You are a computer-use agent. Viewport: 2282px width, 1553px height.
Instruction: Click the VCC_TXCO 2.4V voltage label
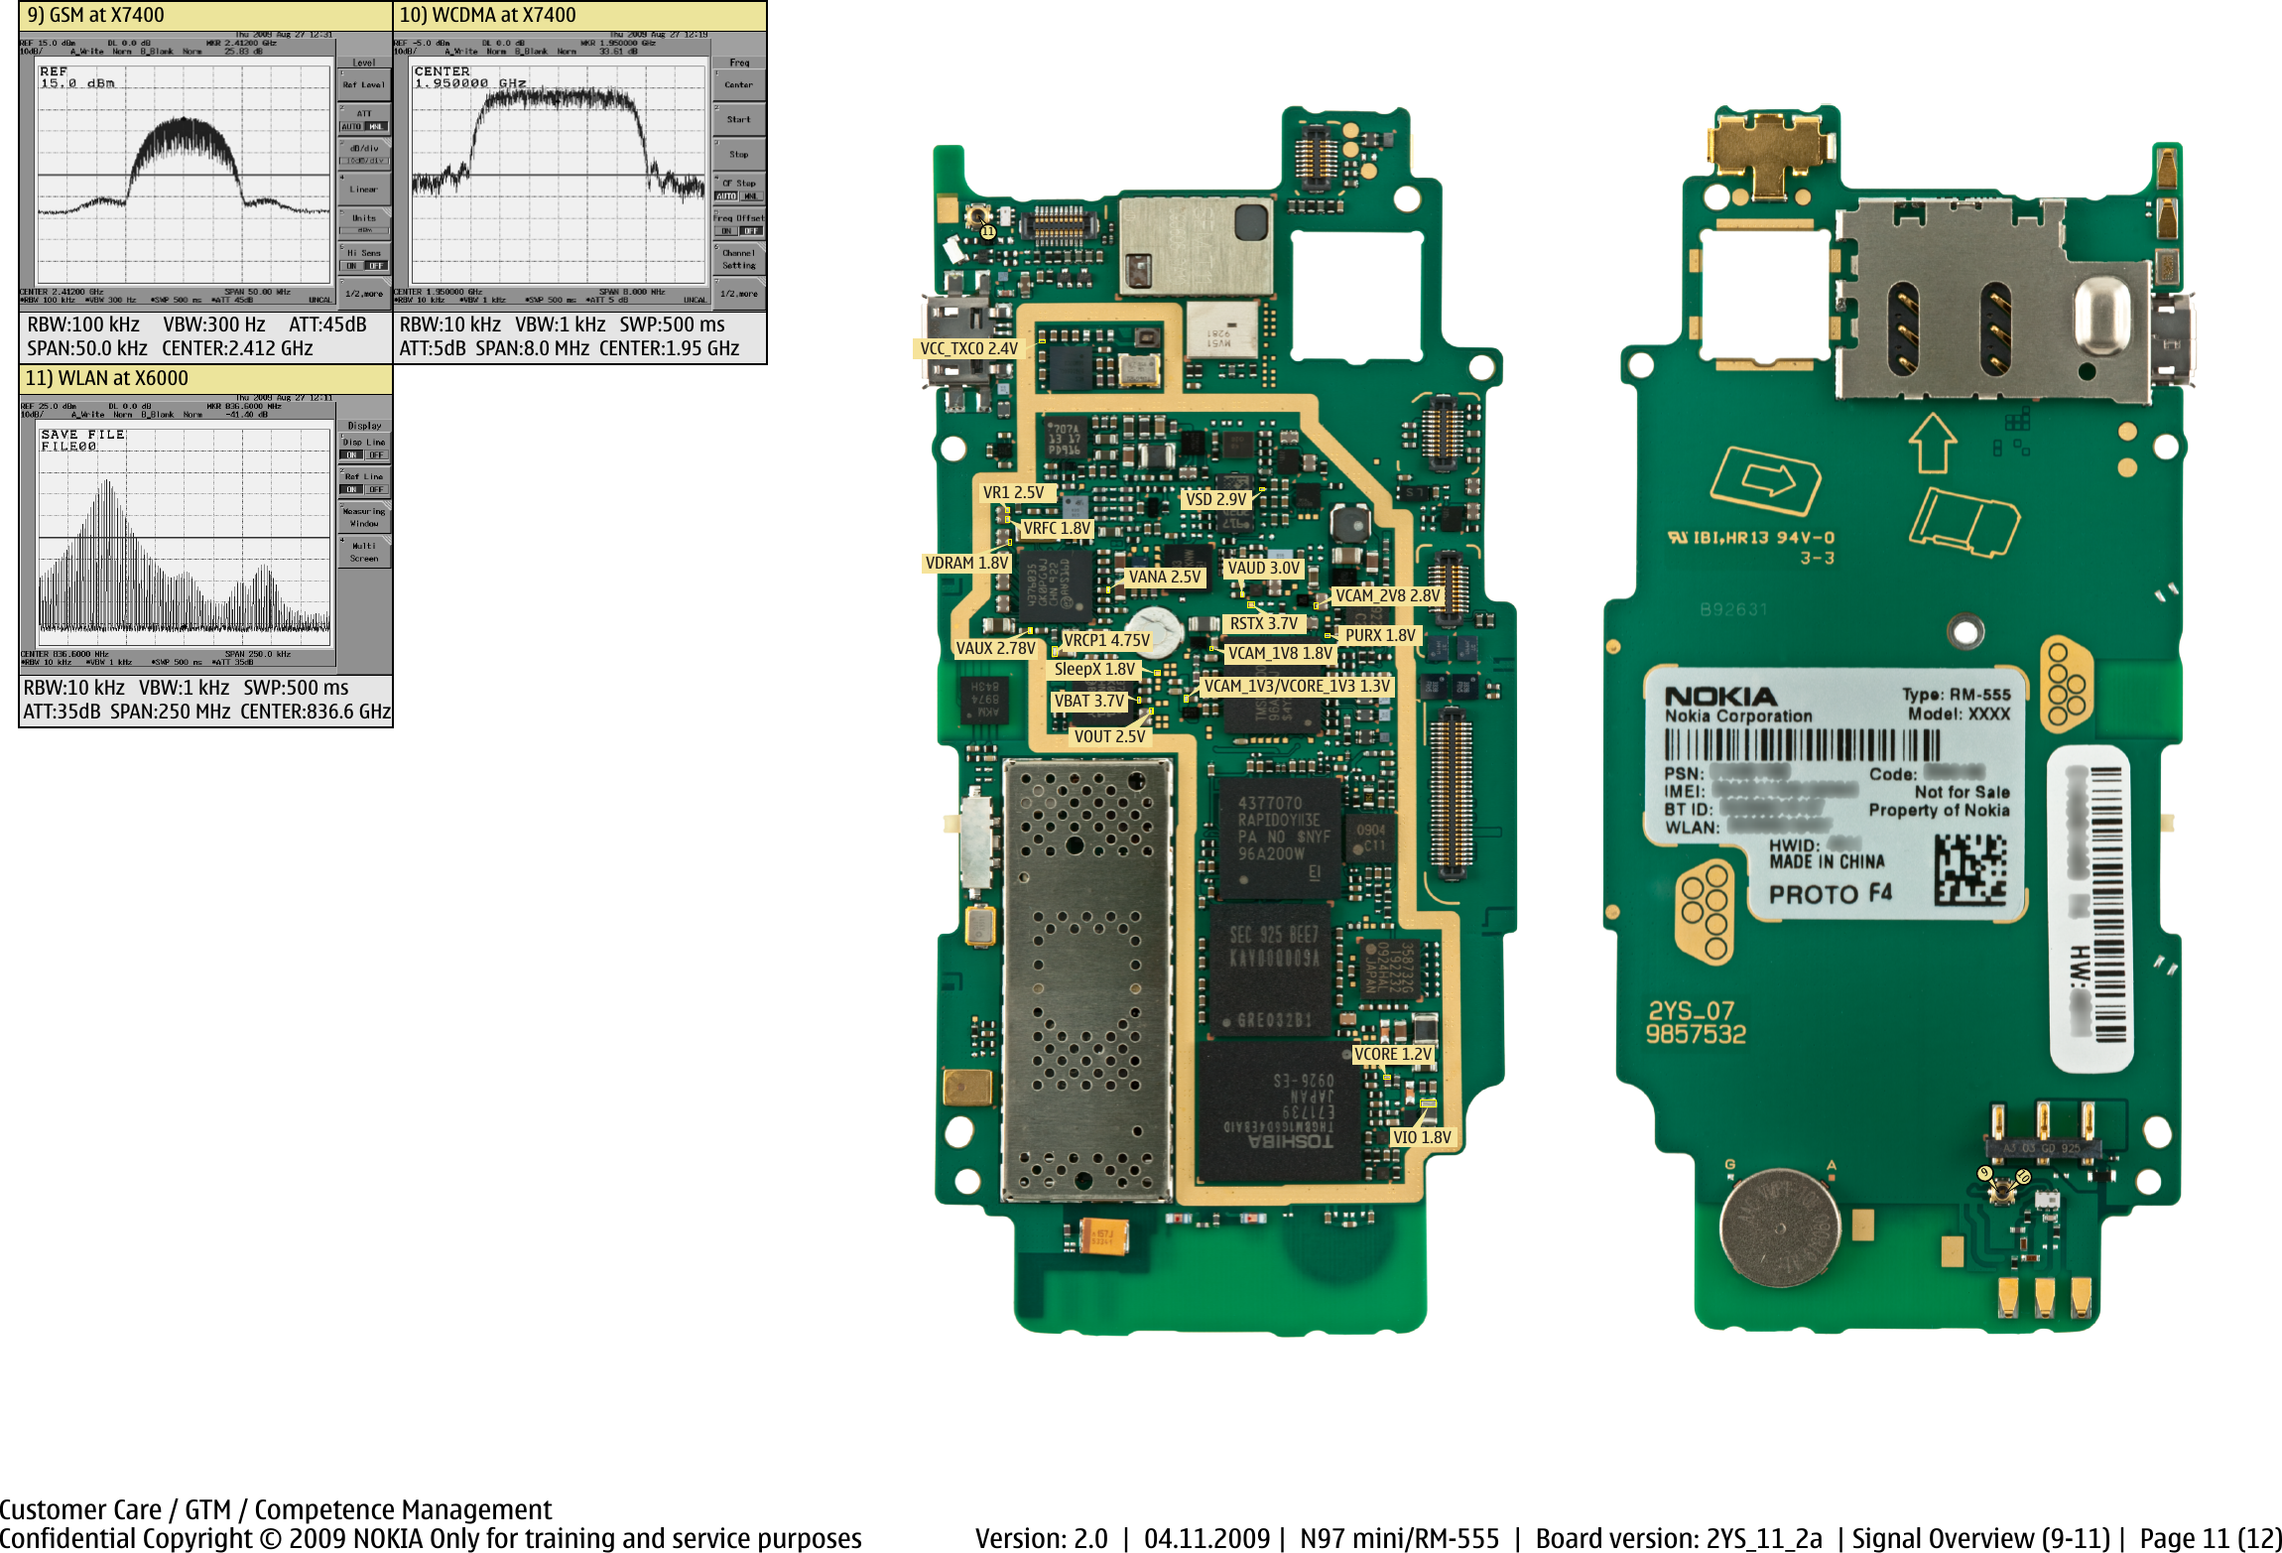(x=967, y=348)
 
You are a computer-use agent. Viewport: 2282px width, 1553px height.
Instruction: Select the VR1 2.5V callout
(x=1013, y=492)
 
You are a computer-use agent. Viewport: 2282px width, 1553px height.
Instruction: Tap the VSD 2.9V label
(x=1215, y=499)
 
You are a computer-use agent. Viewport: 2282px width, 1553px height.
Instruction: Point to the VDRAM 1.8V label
(x=966, y=563)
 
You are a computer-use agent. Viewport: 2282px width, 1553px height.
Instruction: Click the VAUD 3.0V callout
(x=1263, y=568)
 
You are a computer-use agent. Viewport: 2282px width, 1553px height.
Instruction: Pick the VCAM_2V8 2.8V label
(x=1386, y=595)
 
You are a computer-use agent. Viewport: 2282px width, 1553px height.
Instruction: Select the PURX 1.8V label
(x=1379, y=635)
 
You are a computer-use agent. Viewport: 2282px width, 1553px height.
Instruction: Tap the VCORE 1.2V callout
(x=1393, y=1054)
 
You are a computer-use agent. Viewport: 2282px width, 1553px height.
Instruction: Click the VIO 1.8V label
(x=1421, y=1137)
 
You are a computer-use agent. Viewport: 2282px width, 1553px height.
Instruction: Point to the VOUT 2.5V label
(x=1108, y=736)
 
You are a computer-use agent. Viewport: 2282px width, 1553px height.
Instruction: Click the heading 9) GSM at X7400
(x=96, y=15)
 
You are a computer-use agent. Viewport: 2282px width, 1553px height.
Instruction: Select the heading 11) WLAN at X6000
(x=107, y=378)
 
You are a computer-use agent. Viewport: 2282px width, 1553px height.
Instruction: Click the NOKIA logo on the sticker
(x=1719, y=697)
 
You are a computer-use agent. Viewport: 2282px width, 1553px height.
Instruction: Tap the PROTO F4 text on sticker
(x=1830, y=894)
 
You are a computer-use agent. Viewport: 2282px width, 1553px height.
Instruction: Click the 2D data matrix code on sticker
(x=1969, y=869)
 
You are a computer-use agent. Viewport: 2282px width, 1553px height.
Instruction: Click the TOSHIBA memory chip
(x=1280, y=1111)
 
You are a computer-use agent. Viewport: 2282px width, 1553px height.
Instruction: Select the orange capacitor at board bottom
(x=1103, y=1236)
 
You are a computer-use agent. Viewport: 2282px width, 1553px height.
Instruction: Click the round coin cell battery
(x=1779, y=1228)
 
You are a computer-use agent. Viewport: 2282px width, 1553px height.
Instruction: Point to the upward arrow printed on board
(x=1932, y=443)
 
